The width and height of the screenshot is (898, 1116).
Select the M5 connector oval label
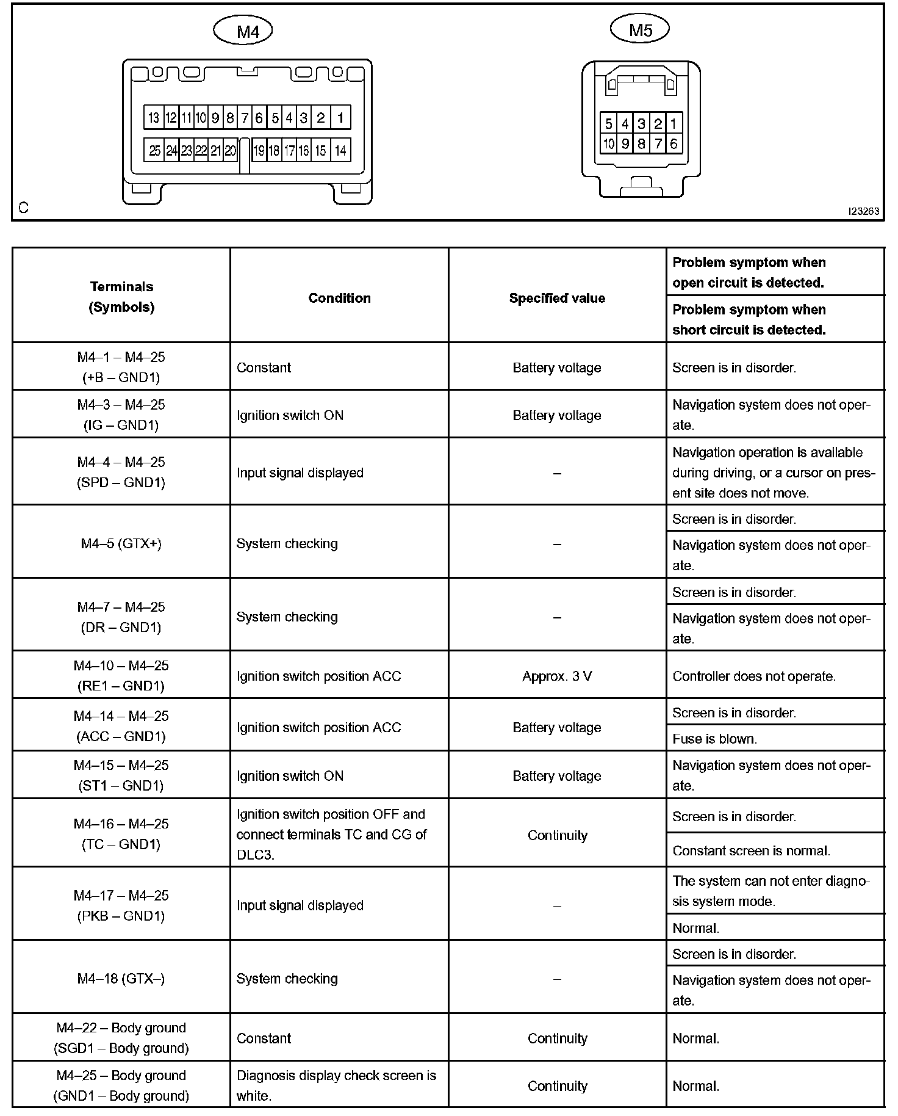pos(640,29)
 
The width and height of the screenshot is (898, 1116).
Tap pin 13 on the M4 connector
pos(153,118)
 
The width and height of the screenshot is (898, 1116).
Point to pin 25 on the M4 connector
pos(154,150)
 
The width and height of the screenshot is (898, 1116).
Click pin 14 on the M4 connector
pos(340,150)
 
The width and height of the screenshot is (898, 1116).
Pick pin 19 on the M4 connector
pos(259,150)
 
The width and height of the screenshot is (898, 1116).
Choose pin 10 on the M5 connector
pos(608,144)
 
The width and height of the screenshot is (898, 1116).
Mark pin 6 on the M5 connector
pos(673,144)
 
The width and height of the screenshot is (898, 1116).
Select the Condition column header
pos(339,298)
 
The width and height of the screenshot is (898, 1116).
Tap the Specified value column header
pos(557,298)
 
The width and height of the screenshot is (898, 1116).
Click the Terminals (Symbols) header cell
pos(121,297)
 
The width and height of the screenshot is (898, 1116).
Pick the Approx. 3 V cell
pos(557,676)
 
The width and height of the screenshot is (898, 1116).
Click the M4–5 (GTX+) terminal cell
pos(121,543)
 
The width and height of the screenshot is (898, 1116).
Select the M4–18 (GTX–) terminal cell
pos(121,978)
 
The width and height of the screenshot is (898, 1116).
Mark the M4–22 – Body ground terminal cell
pos(121,1038)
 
